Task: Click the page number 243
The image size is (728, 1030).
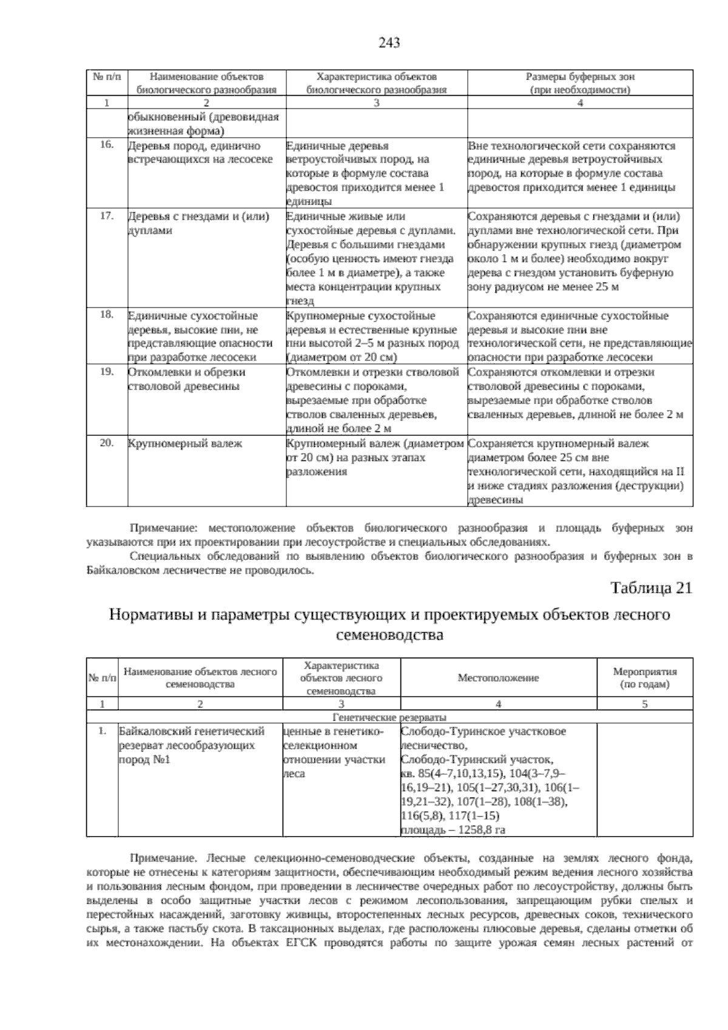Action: coord(389,42)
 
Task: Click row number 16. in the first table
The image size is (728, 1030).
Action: coord(107,145)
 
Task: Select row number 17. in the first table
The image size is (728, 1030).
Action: coord(107,216)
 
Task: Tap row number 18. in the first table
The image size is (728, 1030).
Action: coord(107,315)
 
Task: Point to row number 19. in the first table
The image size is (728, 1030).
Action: coord(107,371)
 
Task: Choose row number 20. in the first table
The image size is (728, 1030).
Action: coord(107,443)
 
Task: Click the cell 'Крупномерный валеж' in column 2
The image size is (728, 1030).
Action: coord(185,443)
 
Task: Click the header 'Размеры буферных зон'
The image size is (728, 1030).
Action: coord(579,77)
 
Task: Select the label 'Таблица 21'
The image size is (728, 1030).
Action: coord(651,588)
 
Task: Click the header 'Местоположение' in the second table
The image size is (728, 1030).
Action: coord(498,678)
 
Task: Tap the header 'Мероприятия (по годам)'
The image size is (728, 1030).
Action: coord(644,678)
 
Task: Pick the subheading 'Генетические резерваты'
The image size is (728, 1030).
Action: coord(389,717)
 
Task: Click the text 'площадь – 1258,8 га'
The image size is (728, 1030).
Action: coord(453,830)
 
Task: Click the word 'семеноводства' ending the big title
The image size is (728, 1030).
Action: coord(389,636)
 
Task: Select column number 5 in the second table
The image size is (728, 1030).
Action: coord(644,704)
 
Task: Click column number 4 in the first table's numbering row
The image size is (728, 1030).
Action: coord(579,103)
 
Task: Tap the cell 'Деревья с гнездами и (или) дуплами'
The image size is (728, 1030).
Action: coord(198,223)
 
